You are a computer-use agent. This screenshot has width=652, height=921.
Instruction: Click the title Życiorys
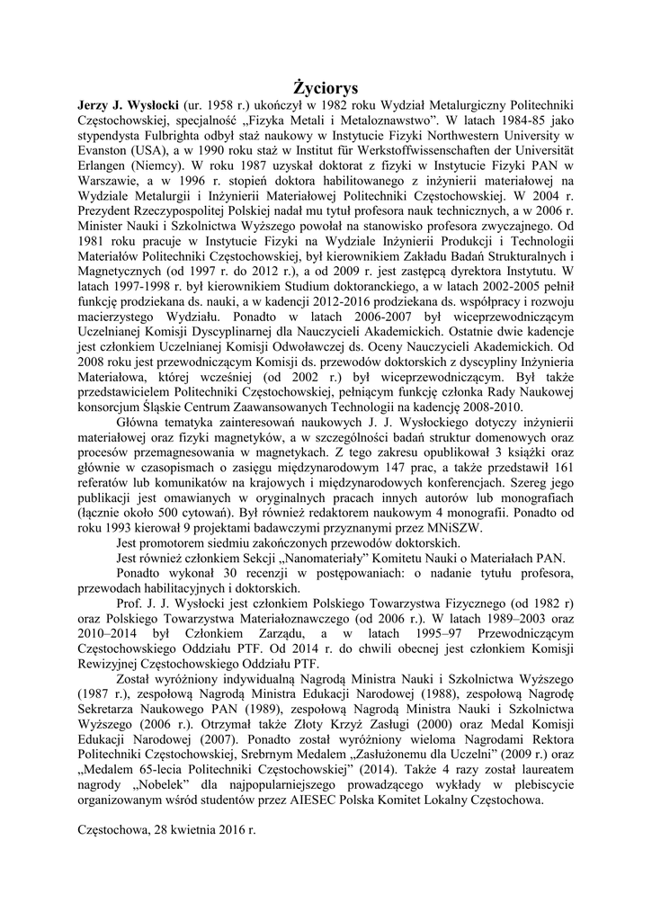(x=326, y=87)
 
